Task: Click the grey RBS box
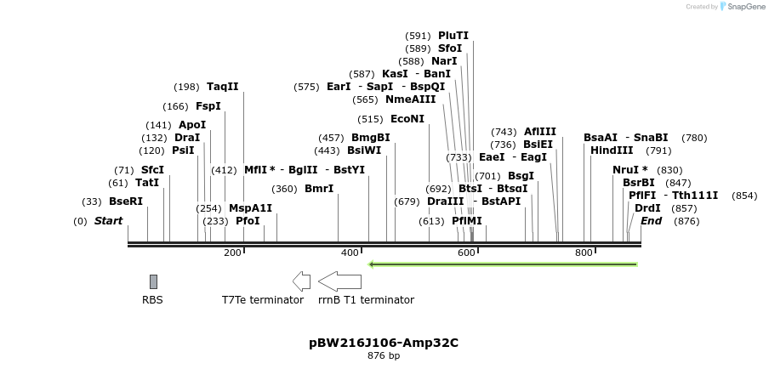coord(153,281)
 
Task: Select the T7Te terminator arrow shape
coord(301,281)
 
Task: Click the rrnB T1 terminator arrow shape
coord(339,281)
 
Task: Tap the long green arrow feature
coord(502,264)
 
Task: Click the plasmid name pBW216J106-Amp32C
coord(384,343)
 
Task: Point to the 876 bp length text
coord(384,356)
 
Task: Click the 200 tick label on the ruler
coord(232,253)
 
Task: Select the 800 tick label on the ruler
coord(584,253)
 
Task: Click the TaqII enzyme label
coord(223,87)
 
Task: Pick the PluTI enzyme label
coord(453,36)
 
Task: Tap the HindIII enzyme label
coord(612,150)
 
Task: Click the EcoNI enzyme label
coord(407,119)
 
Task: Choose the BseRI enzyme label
coord(126,202)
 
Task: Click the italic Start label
coord(108,221)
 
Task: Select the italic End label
coord(651,221)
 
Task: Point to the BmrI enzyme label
coord(319,189)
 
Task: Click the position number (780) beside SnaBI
coord(694,138)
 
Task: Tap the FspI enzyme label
coord(208,106)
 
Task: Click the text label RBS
coord(152,300)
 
